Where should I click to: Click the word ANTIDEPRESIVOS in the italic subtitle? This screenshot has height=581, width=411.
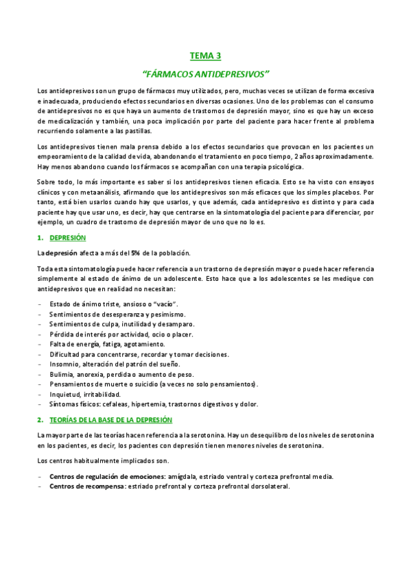tap(230, 73)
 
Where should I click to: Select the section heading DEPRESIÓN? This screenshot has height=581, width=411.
tap(67, 237)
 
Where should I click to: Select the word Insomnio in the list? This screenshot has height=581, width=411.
tap(65, 364)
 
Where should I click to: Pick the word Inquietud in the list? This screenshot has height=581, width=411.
tap(67, 394)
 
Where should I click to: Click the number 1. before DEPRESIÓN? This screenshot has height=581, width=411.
tap(40, 237)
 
